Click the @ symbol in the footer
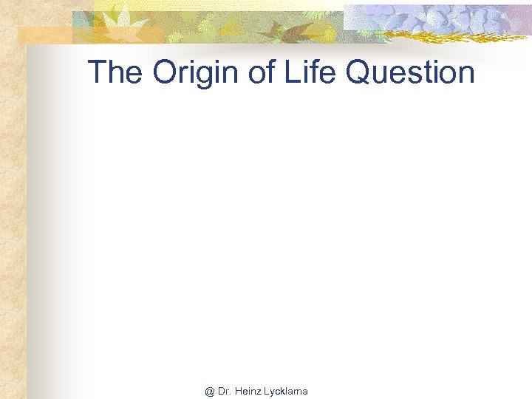tap(210, 392)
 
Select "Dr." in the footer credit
tap(225, 392)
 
